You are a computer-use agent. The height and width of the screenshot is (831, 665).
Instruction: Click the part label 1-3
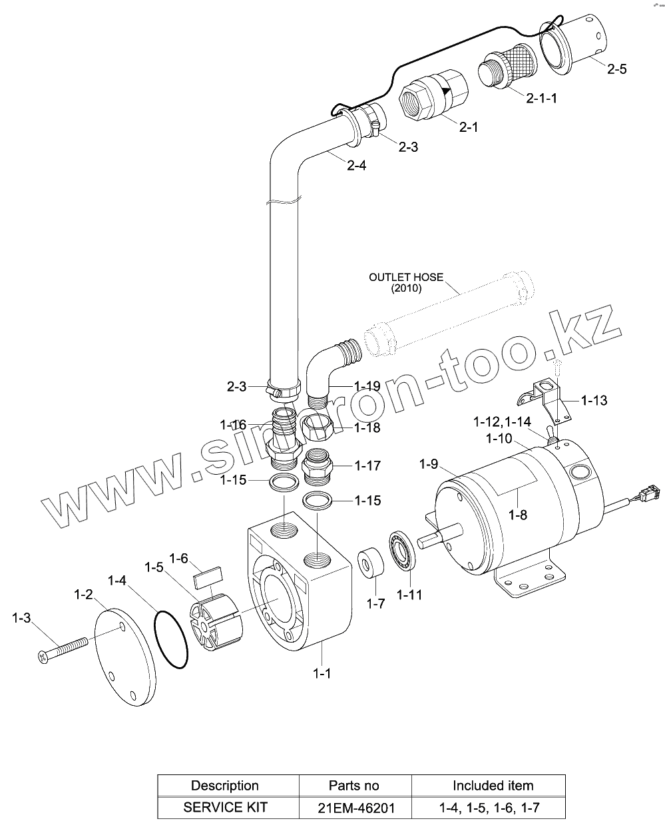[x=21, y=619]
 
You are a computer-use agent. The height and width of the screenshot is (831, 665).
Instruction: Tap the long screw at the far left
[x=63, y=648]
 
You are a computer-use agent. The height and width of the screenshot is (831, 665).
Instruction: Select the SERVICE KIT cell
[x=225, y=808]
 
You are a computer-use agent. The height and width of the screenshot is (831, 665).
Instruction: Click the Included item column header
[x=493, y=786]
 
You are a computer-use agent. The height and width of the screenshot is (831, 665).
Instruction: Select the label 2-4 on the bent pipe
[x=356, y=166]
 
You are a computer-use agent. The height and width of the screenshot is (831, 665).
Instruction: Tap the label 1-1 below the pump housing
[x=322, y=674]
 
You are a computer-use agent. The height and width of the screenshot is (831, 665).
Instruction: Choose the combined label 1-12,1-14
[x=502, y=422]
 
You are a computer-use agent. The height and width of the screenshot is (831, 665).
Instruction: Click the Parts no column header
[x=354, y=786]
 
